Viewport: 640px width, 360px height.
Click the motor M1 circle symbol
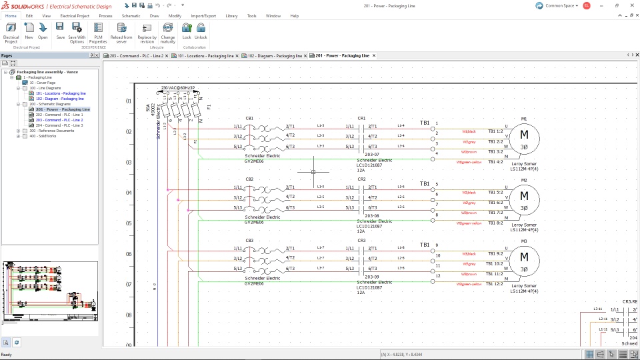[x=524, y=137]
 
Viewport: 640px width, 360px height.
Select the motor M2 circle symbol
[x=524, y=197]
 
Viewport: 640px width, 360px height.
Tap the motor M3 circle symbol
[x=524, y=258]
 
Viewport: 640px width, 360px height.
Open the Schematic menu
[x=131, y=15]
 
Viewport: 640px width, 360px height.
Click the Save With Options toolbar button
[x=77, y=31]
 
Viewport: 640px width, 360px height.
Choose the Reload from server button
[x=121, y=31]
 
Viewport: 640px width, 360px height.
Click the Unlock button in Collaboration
[x=201, y=31]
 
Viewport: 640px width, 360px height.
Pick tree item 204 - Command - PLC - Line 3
[x=59, y=125]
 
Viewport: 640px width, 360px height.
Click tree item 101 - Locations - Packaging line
[x=61, y=93]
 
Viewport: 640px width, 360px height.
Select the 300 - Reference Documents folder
[x=51, y=131]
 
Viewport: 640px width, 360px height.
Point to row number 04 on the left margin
[x=129, y=193]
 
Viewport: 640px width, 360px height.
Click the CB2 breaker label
[x=249, y=179]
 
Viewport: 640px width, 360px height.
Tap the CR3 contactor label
[x=362, y=241]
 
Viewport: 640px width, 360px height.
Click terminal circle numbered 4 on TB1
[x=433, y=154]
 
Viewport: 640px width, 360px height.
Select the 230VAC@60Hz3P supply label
[x=177, y=88]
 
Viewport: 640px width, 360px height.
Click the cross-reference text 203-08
[x=371, y=216]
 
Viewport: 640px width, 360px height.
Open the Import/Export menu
[x=203, y=15]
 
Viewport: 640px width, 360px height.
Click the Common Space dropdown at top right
[x=557, y=5]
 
